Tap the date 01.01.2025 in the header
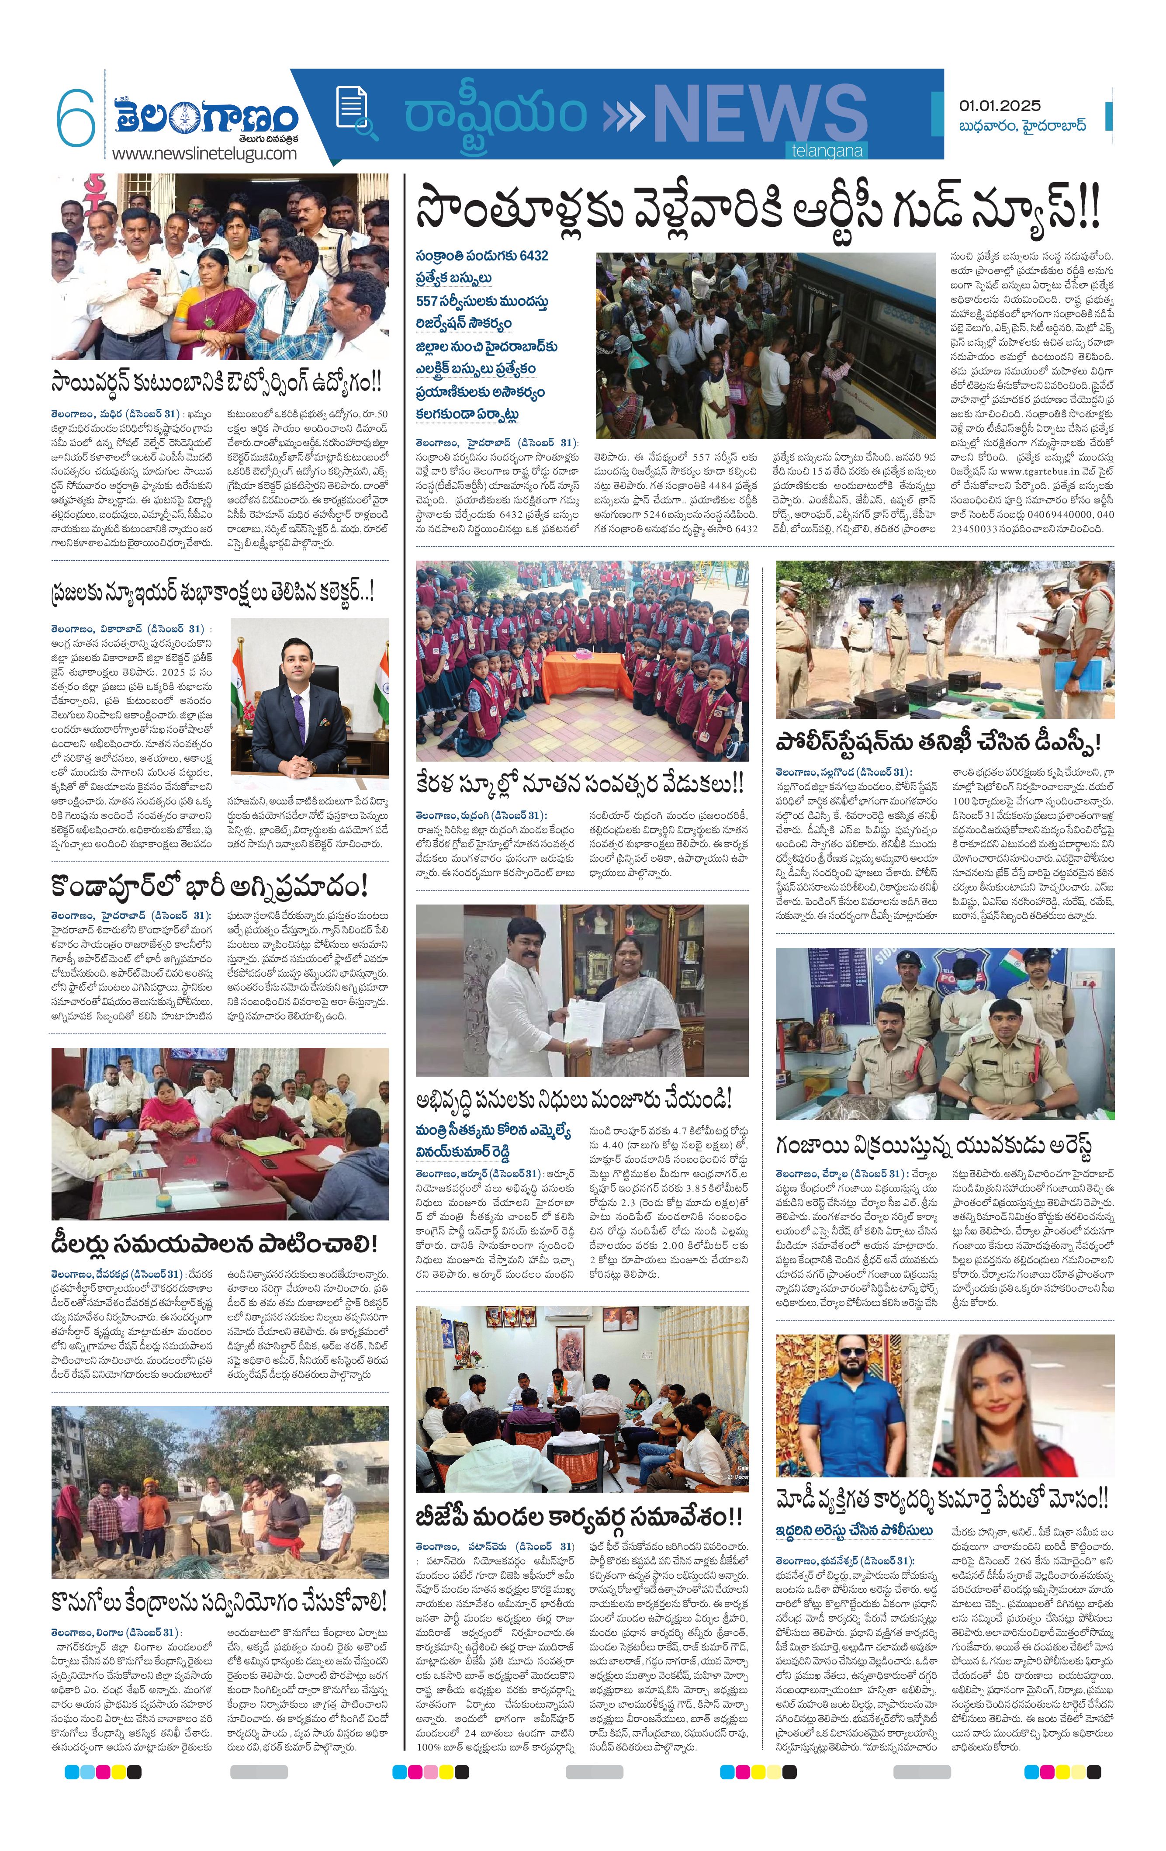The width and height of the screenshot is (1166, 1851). tap(999, 105)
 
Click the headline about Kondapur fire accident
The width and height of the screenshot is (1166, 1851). tap(210, 886)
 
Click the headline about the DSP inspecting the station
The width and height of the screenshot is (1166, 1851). tap(938, 742)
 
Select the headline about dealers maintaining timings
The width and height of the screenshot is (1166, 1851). tap(215, 1243)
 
